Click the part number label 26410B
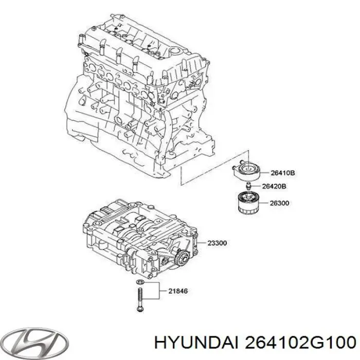click(283, 173)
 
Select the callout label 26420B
click(274, 186)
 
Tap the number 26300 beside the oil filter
click(279, 203)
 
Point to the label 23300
click(217, 243)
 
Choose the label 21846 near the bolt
click(178, 291)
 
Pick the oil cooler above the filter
click(246, 170)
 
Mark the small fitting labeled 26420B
click(248, 186)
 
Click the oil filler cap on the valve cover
click(176, 51)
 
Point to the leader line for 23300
click(202, 243)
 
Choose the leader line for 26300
click(263, 203)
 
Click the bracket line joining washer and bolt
click(159, 291)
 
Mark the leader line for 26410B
click(264, 172)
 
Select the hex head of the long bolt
click(140, 309)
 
